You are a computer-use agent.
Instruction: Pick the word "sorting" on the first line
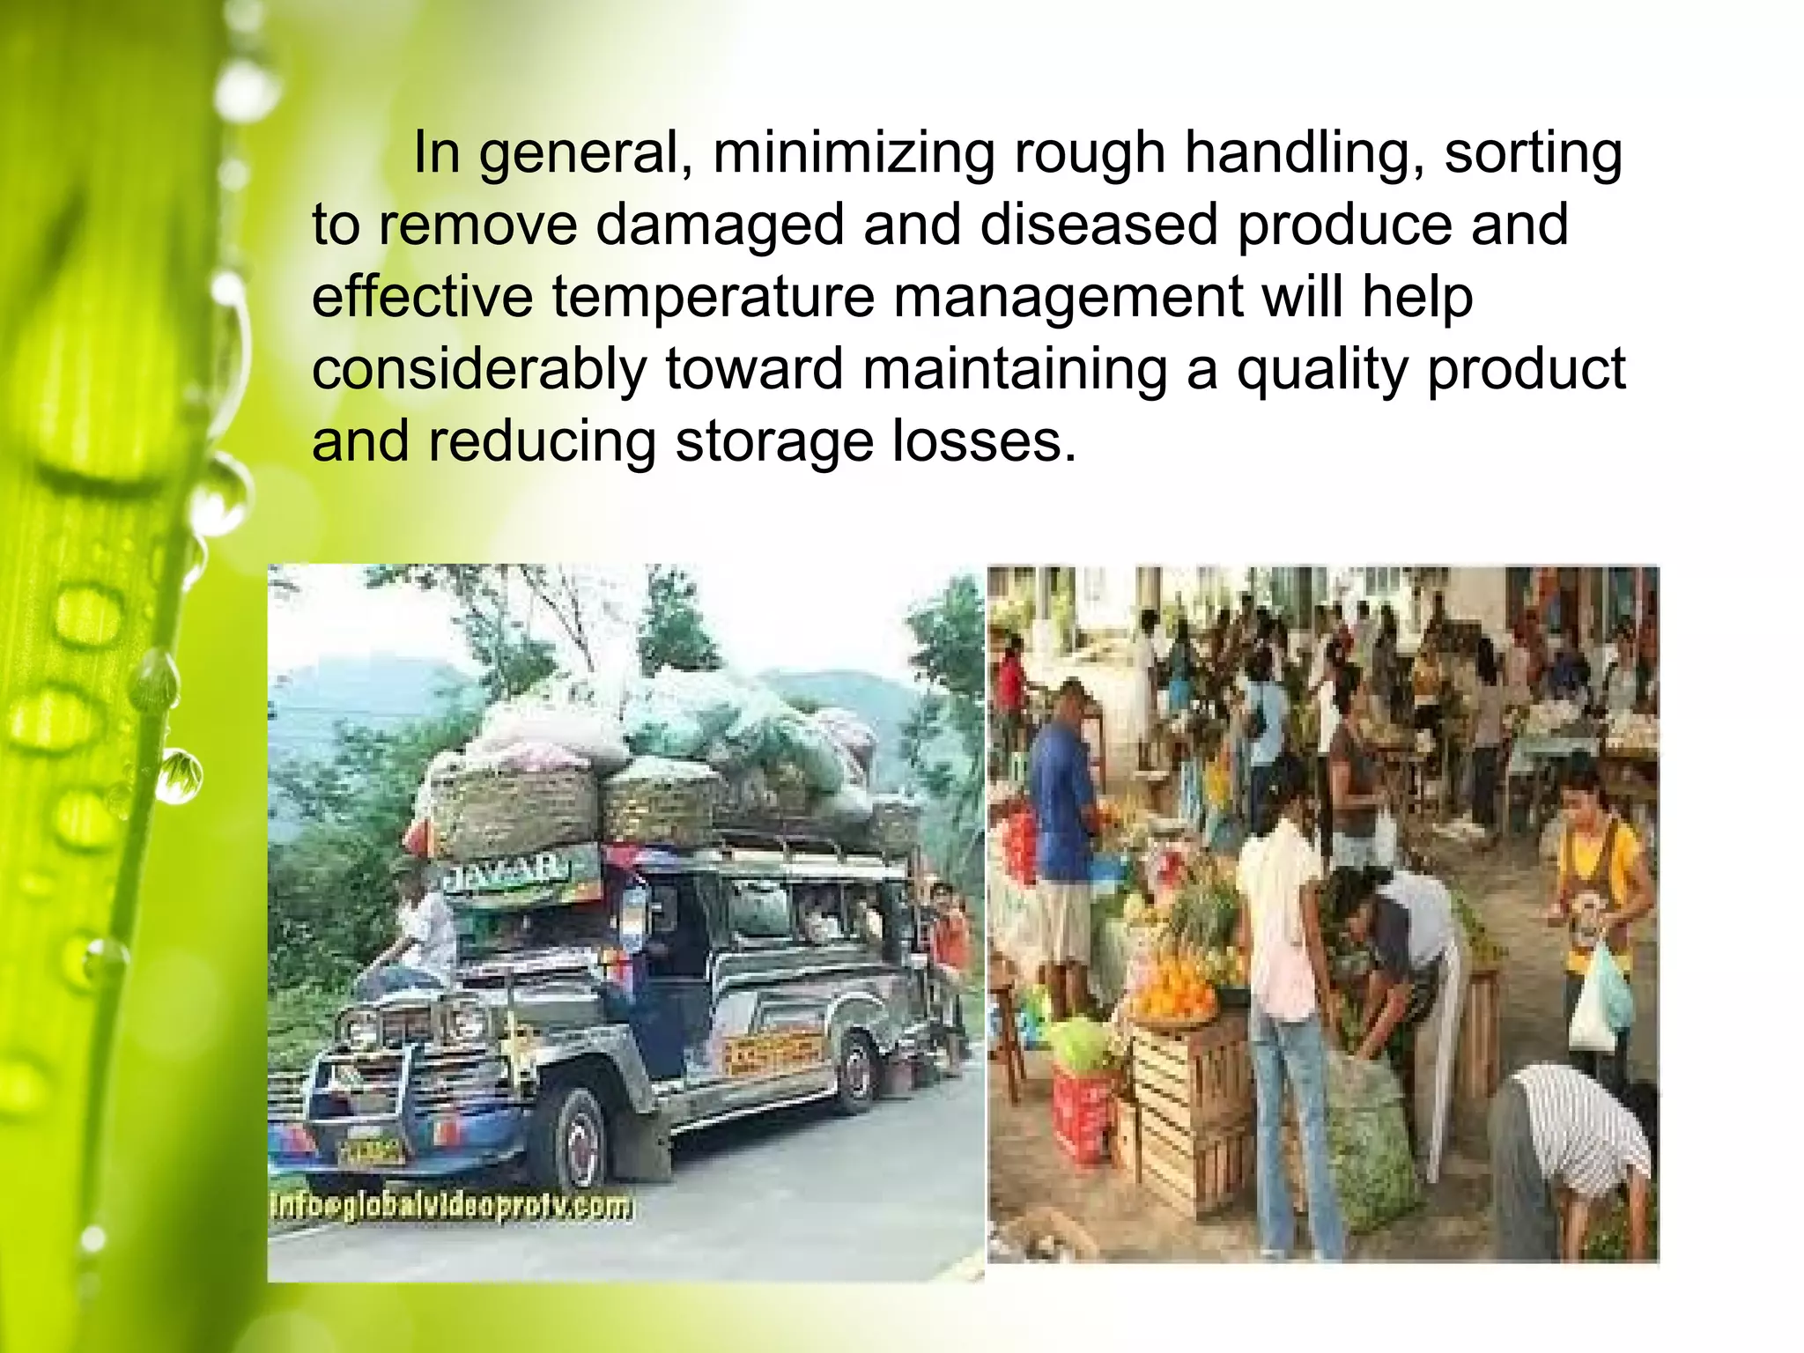[1533, 153]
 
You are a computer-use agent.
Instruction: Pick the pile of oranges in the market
[1177, 991]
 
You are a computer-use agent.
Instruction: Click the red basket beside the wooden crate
[1083, 1114]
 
